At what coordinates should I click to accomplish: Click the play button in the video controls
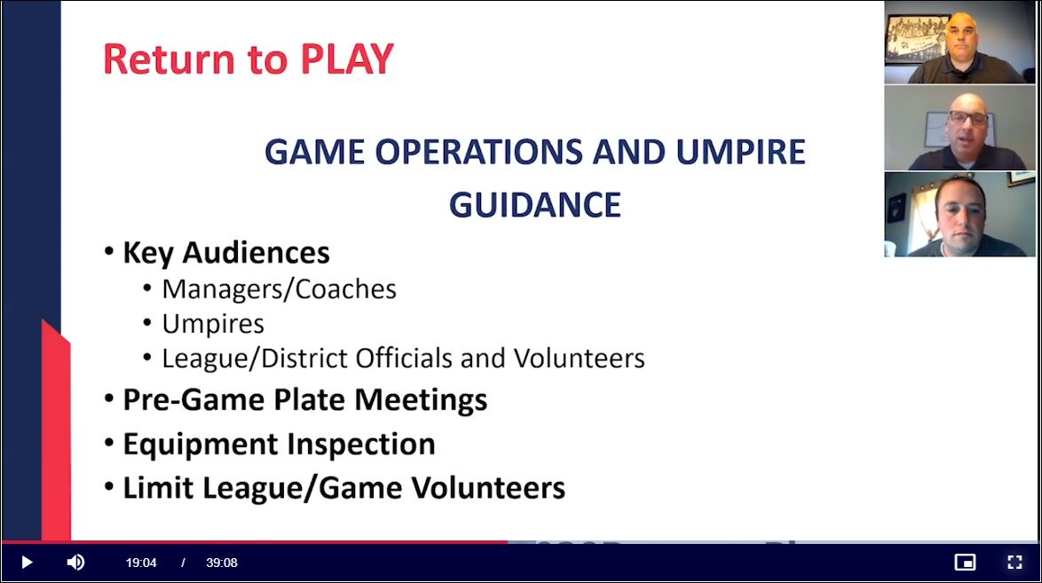[27, 563]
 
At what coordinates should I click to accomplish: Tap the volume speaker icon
[75, 563]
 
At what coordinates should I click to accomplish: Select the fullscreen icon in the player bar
[1014, 563]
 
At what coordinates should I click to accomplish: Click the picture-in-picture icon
[965, 563]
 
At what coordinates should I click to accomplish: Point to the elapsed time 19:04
[141, 563]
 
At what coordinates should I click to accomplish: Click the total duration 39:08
[221, 563]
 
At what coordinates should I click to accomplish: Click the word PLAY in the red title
[347, 59]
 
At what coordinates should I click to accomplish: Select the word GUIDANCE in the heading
[535, 205]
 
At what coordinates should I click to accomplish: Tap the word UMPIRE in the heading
[740, 152]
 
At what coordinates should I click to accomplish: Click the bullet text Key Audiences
[226, 253]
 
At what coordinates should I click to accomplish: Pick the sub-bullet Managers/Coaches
[279, 289]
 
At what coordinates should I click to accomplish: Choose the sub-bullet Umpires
[213, 325]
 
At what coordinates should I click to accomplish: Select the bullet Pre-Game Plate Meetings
[305, 400]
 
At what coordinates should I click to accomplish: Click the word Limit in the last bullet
[158, 488]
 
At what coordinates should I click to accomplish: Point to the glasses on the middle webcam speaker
[968, 118]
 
